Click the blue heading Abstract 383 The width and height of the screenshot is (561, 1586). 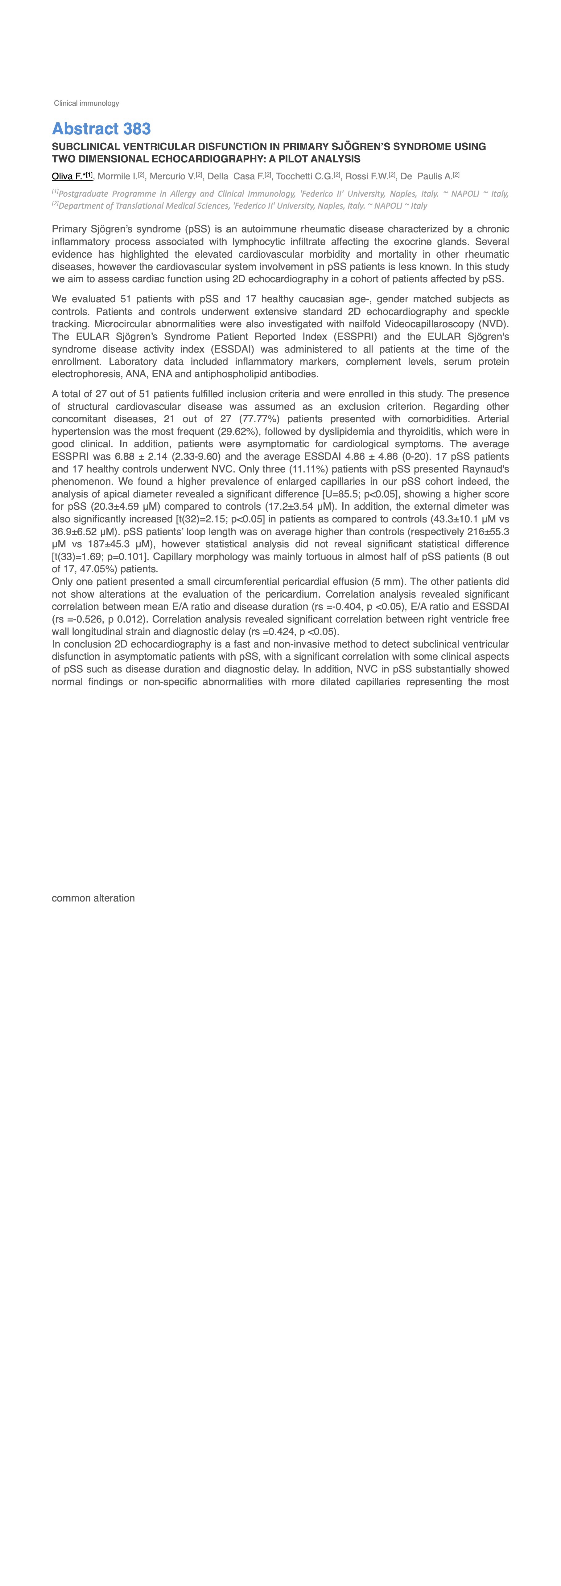101,129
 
